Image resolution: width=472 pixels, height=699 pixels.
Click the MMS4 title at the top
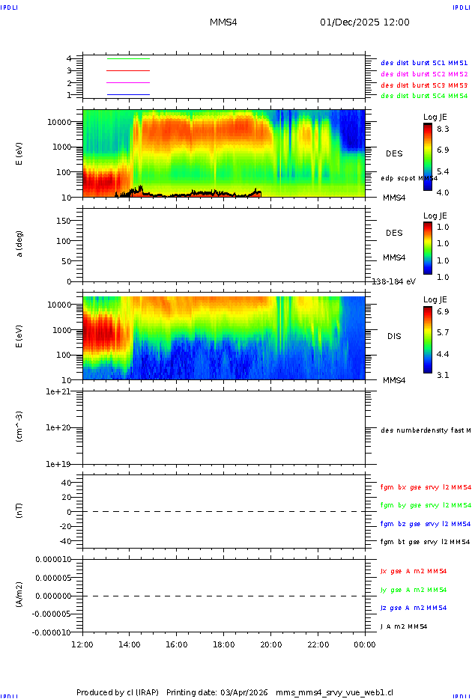(x=223, y=22)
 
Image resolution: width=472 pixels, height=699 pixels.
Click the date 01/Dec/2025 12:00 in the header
(x=364, y=22)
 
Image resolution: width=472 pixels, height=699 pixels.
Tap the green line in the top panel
(x=128, y=58)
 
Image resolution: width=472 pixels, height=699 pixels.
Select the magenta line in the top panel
(x=128, y=82)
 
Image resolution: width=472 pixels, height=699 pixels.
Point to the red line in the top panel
(x=128, y=70)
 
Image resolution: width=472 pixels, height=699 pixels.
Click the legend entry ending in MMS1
(x=424, y=63)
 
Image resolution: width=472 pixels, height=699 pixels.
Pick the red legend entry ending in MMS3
(x=424, y=85)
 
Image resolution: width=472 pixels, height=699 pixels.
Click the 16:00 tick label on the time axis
(x=176, y=644)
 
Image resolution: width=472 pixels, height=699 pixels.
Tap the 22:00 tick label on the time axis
(x=318, y=644)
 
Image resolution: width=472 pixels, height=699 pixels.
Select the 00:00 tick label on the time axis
(x=365, y=644)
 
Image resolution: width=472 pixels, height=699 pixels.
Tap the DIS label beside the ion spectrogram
(x=394, y=336)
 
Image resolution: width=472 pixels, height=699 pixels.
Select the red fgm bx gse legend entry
(x=426, y=487)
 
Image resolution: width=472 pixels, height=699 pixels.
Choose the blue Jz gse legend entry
(x=426, y=608)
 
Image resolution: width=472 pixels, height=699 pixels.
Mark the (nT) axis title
(x=20, y=511)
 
